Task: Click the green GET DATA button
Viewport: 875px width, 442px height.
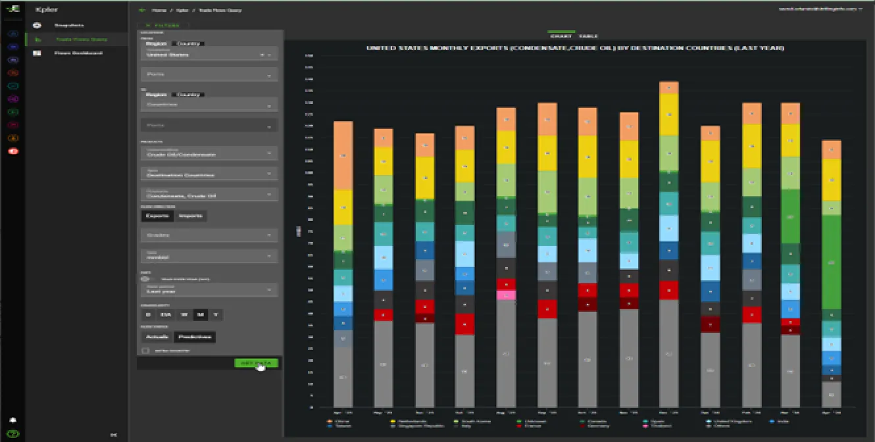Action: (256, 363)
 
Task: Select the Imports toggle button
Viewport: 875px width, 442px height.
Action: (191, 216)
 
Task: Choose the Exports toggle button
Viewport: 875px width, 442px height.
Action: (157, 216)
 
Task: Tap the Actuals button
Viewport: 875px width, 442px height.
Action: (156, 337)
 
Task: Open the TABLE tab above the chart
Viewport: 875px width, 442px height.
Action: (588, 36)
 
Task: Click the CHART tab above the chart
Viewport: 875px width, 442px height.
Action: (565, 36)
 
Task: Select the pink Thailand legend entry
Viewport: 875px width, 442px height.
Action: (651, 426)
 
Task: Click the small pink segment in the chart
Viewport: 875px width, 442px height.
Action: (506, 295)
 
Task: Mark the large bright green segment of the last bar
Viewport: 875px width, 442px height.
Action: (831, 262)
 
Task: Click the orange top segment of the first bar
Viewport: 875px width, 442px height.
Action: (343, 155)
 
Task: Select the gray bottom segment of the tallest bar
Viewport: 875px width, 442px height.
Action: (668, 353)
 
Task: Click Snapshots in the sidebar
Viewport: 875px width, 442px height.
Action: (69, 25)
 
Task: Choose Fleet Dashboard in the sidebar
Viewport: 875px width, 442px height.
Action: (78, 53)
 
